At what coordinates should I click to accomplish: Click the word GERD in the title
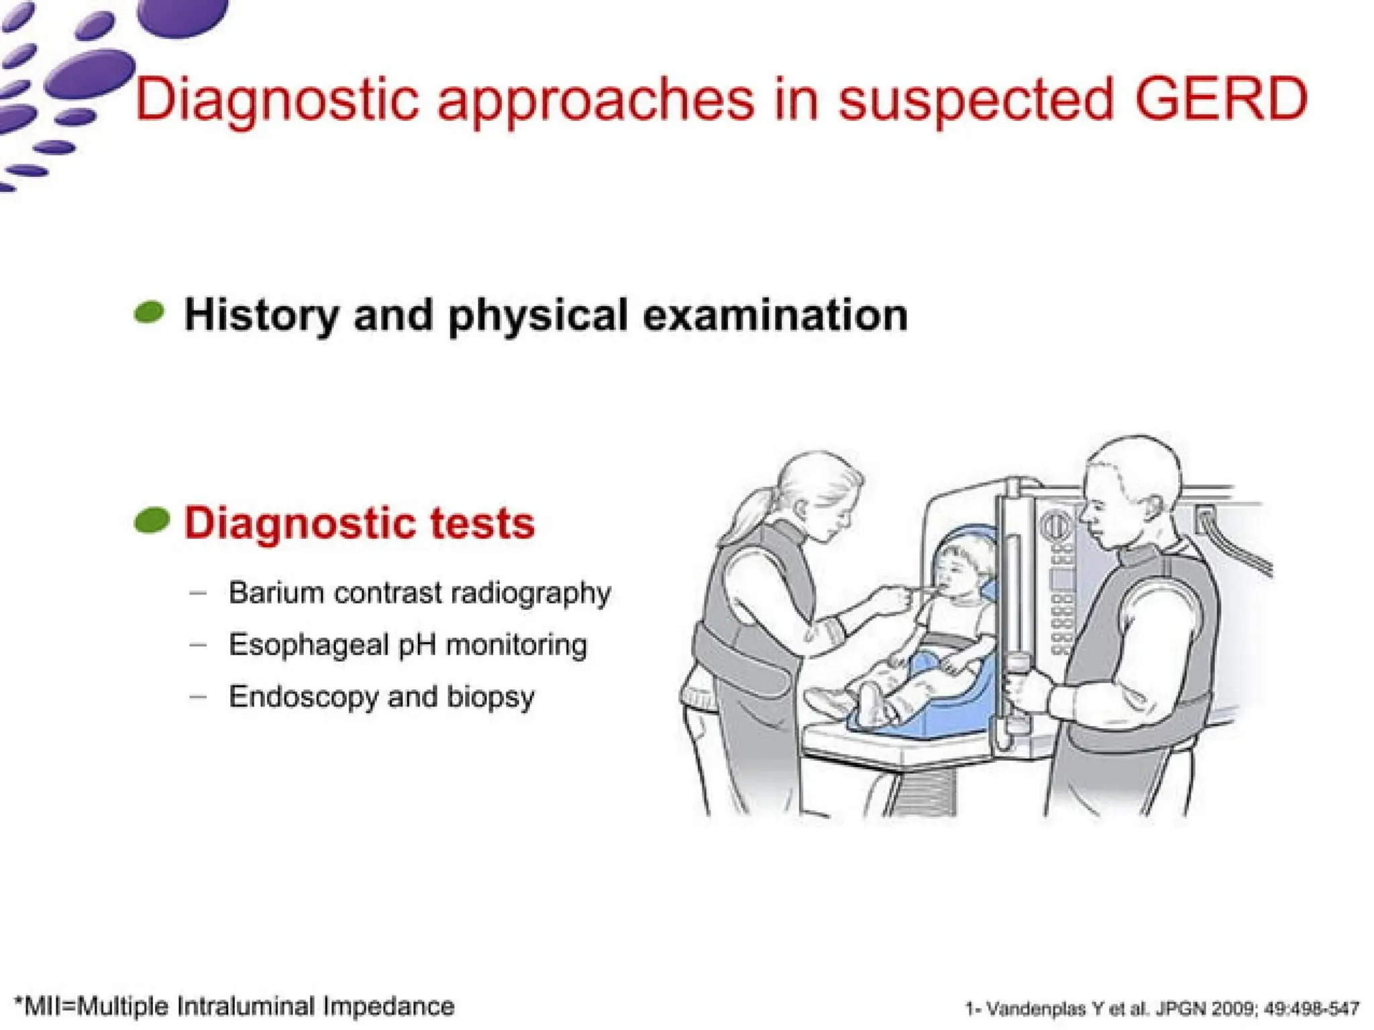pyautogui.click(x=1221, y=99)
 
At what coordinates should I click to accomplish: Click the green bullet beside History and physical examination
pyautogui.click(x=150, y=313)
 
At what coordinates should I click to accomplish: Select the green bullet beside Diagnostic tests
pyautogui.click(x=152, y=521)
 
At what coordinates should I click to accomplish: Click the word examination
pyautogui.click(x=775, y=315)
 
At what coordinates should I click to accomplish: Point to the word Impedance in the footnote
pyautogui.click(x=388, y=1007)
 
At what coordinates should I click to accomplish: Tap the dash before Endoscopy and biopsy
pyautogui.click(x=198, y=697)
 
